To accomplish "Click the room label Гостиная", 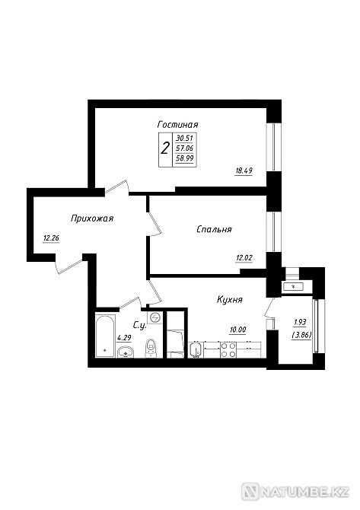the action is [x=177, y=125].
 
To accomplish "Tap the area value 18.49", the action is [x=244, y=171].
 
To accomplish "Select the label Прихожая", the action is [x=92, y=218].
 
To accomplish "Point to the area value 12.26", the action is [x=51, y=238].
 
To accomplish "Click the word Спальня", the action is [x=214, y=229].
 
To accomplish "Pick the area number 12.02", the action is [x=244, y=258].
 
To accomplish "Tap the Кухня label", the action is [x=230, y=300].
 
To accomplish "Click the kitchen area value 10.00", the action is [x=237, y=330].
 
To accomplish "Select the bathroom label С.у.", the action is [x=139, y=324].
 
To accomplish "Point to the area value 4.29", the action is [x=124, y=338].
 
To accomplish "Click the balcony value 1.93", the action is [x=300, y=322].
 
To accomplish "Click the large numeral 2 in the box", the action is [x=165, y=149].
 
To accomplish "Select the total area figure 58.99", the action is [x=184, y=159].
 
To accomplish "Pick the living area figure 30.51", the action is [x=184, y=138].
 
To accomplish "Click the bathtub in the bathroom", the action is [x=106, y=336].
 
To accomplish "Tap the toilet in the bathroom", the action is [x=150, y=348].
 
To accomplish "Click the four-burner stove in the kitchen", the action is [x=228, y=350].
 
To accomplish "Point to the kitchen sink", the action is [x=196, y=350].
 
